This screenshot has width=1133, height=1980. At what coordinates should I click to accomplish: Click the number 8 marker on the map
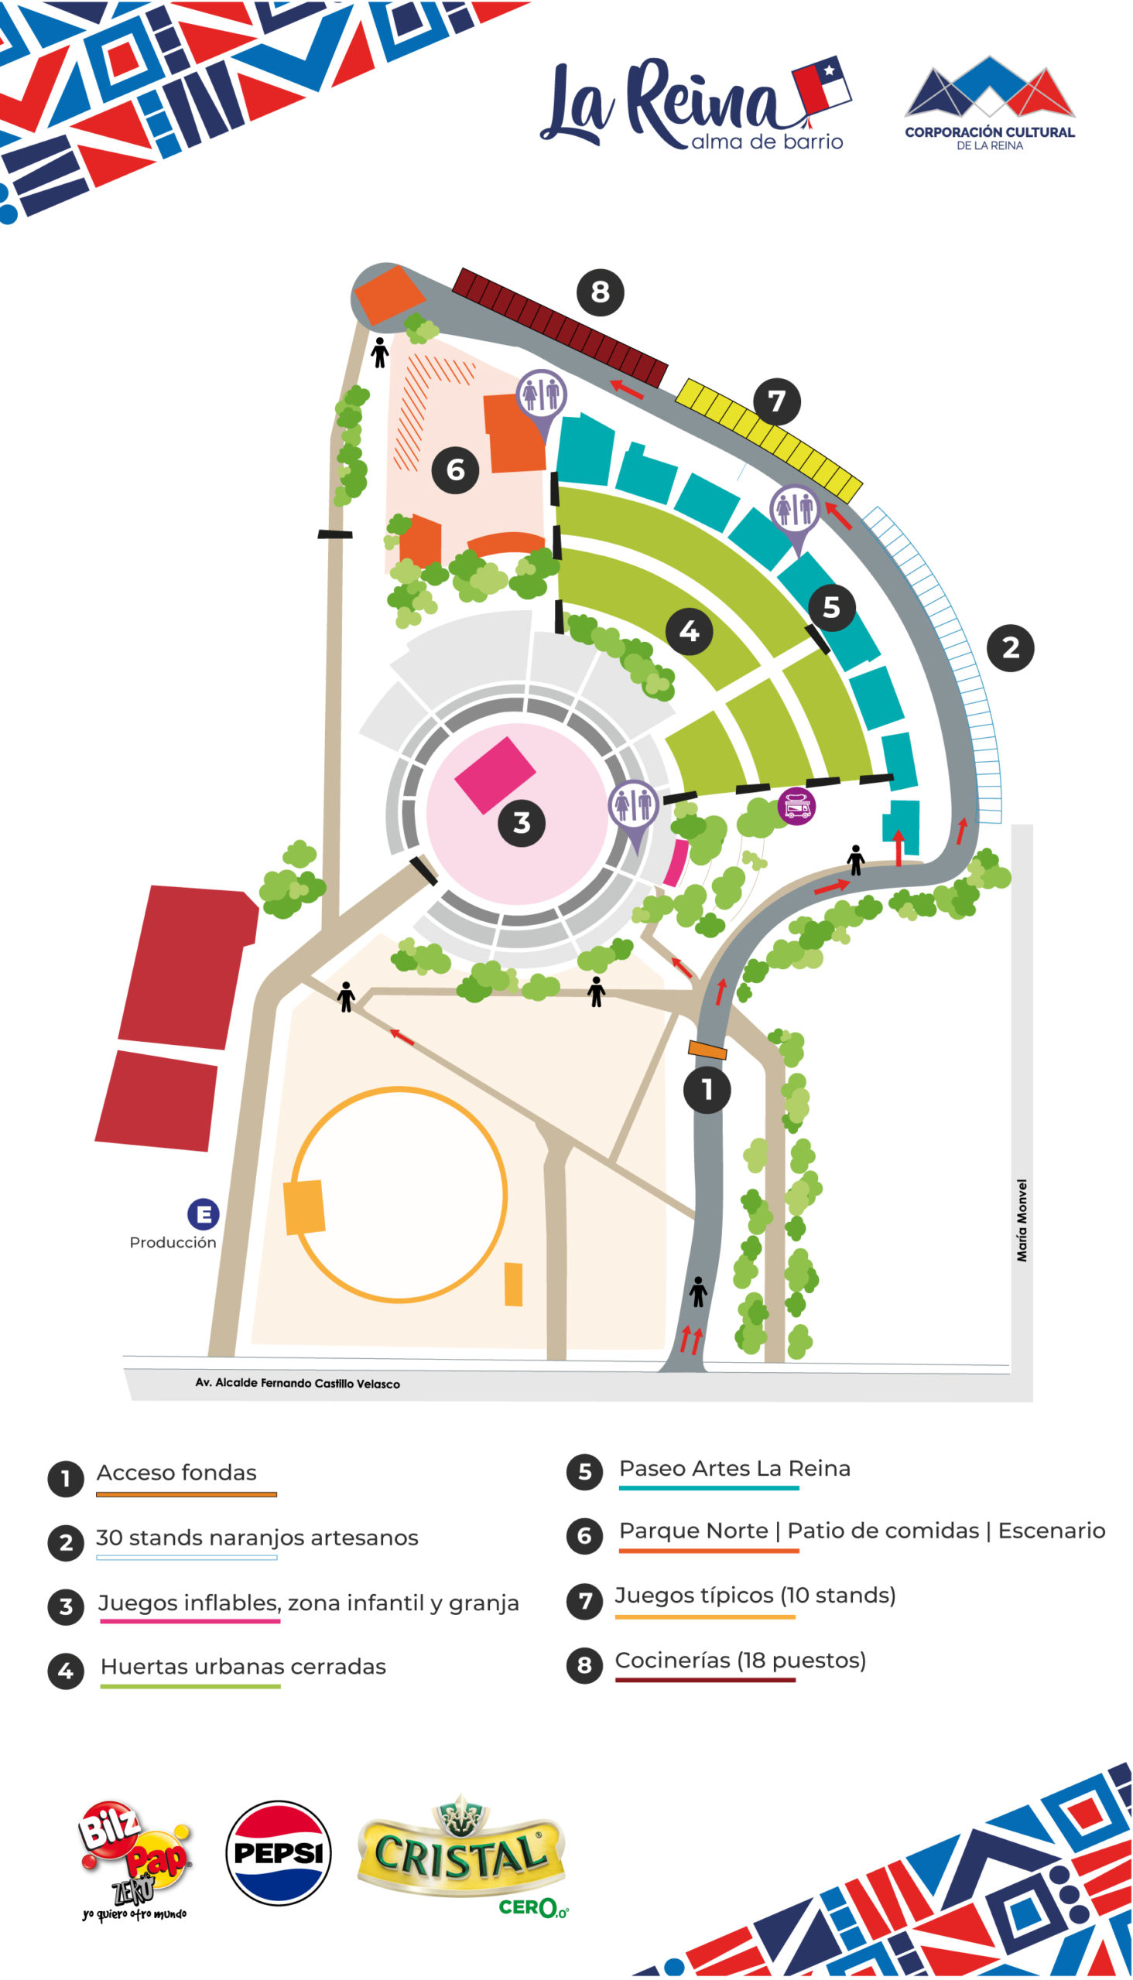600,292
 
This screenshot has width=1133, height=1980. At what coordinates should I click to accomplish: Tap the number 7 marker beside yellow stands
776,401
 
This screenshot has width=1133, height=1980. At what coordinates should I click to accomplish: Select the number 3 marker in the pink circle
522,823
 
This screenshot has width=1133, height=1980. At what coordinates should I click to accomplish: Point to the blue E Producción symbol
203,1214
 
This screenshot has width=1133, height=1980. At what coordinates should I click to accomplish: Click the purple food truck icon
797,807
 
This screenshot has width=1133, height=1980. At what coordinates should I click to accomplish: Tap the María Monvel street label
1022,1220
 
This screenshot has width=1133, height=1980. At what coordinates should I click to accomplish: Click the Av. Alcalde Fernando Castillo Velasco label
297,1383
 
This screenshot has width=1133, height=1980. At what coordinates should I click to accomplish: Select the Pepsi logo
279,1852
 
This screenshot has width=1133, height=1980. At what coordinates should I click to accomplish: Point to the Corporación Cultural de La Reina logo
989,103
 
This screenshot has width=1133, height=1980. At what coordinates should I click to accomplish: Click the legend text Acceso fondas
176,1472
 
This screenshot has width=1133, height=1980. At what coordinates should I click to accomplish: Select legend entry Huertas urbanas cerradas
244,1667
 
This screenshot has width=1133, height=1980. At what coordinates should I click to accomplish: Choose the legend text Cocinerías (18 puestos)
740,1661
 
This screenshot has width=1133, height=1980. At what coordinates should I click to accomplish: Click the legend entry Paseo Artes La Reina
734,1468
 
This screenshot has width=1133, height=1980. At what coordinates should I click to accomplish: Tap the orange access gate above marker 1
707,1050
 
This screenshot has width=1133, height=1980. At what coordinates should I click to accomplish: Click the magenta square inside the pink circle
495,774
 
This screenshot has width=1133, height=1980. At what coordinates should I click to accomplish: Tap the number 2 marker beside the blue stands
1010,648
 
